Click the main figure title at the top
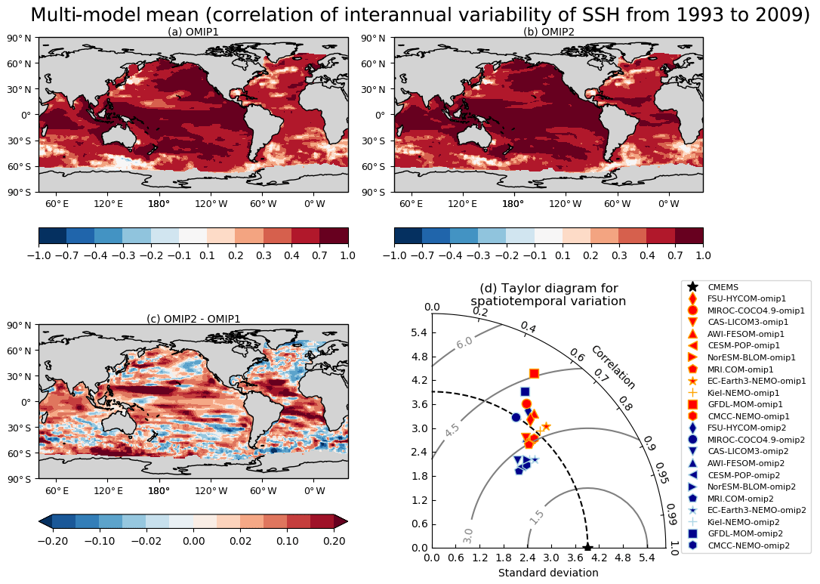pyautogui.click(x=420, y=15)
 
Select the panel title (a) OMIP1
pyautogui.click(x=193, y=32)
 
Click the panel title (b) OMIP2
pyautogui.click(x=548, y=32)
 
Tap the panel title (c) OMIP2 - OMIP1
pyautogui.click(x=193, y=319)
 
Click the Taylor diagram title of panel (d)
pyautogui.click(x=548, y=295)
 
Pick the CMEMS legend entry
pyautogui.click(x=723, y=287)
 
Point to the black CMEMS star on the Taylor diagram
pyautogui.click(x=587, y=547)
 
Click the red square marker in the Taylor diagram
pyautogui.click(x=534, y=373)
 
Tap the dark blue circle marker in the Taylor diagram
pyautogui.click(x=516, y=417)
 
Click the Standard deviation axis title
pyautogui.click(x=548, y=573)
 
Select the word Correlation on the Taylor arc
pyautogui.click(x=612, y=367)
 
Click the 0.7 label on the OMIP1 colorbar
pyautogui.click(x=320, y=255)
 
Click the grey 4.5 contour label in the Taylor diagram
pyautogui.click(x=452, y=430)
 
